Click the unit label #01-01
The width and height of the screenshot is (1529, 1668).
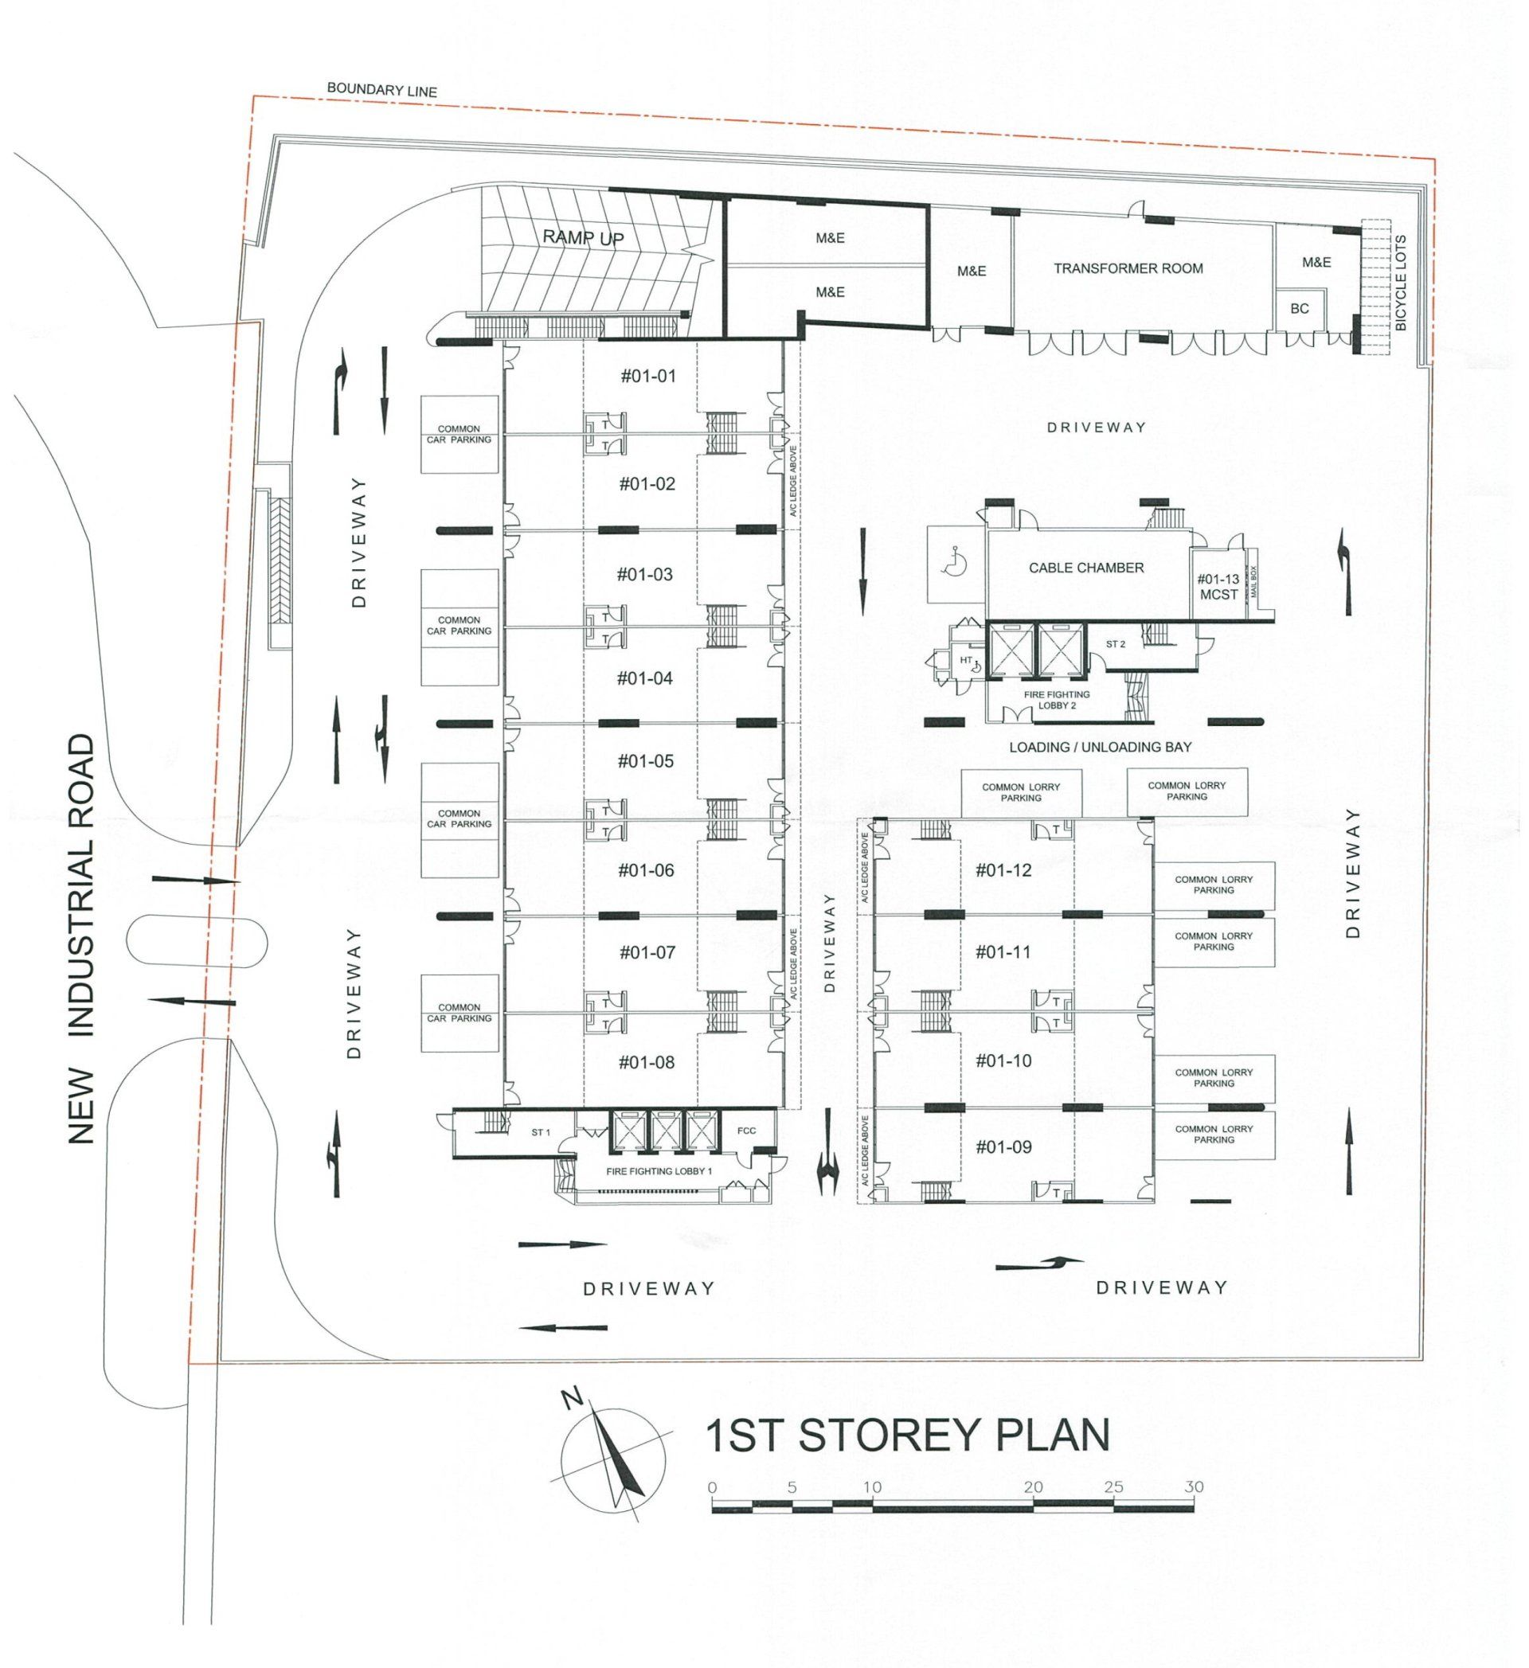tap(648, 377)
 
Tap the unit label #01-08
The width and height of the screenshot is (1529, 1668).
tap(647, 1062)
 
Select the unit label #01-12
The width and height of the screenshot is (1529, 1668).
tap(1003, 869)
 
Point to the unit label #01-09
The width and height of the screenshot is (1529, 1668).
tap(1003, 1147)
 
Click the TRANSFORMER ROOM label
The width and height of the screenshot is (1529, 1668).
tap(1128, 268)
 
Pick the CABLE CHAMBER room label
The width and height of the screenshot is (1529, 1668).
tap(1086, 568)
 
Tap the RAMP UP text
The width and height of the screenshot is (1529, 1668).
tap(583, 237)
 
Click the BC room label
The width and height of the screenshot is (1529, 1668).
tap(1300, 309)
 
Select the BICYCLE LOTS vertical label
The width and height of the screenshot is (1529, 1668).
tap(1401, 283)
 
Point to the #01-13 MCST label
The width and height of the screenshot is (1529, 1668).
tap(1218, 587)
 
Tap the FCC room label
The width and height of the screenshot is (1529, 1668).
tap(746, 1131)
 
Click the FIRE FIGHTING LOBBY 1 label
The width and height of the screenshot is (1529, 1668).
tap(659, 1171)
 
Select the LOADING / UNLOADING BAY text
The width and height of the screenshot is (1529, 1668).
tap(1101, 747)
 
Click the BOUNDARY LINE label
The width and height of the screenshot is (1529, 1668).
tap(381, 90)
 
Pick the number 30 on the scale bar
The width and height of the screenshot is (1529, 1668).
tap(1193, 1486)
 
